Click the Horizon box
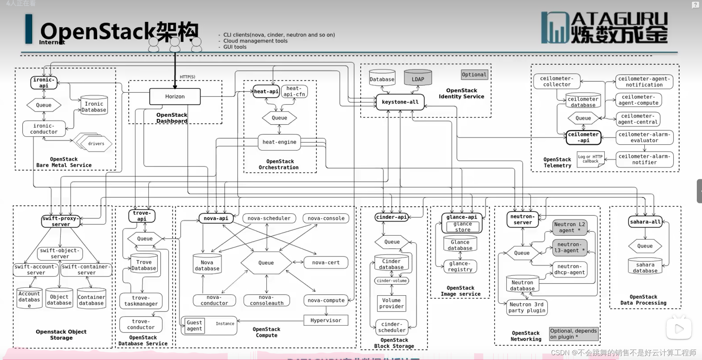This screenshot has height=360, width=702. click(175, 96)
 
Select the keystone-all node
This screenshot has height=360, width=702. click(400, 102)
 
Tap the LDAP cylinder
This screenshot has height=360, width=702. click(418, 79)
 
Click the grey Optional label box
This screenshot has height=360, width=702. click(474, 75)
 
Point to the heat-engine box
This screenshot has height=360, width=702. click(279, 142)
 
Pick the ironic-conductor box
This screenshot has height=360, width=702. click(44, 129)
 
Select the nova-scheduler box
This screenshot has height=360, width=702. click(269, 218)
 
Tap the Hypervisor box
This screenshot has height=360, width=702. click(325, 320)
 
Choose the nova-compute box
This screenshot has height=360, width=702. click(326, 300)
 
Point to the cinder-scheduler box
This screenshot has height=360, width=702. click(392, 327)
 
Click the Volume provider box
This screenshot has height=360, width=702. click(391, 303)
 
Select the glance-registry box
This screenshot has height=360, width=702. click(460, 266)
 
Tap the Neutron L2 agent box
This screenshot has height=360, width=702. click(570, 227)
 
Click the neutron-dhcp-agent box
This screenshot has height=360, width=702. click(570, 269)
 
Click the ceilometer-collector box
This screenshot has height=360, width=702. click(557, 82)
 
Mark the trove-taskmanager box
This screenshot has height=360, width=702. click(141, 301)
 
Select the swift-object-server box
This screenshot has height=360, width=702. click(60, 253)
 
